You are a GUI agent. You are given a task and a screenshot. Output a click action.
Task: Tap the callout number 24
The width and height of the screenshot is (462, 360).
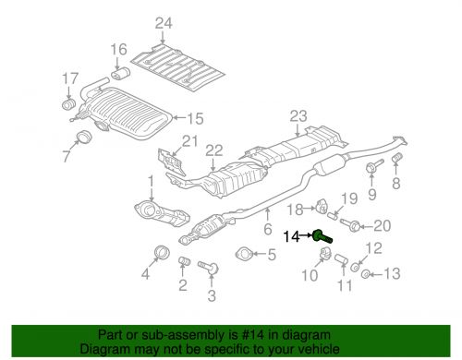click(164, 23)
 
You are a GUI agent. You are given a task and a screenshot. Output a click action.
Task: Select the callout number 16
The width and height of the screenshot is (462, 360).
click(118, 49)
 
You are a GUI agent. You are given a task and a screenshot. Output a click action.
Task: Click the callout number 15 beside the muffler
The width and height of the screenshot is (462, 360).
click(194, 118)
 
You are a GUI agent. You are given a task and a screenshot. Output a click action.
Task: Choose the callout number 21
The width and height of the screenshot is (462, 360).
click(189, 140)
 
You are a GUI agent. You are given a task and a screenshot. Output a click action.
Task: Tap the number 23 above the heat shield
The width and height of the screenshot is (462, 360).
click(296, 116)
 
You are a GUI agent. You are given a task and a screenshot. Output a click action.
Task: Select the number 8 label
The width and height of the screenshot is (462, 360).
click(397, 185)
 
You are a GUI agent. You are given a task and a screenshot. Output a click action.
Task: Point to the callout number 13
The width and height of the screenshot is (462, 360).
click(392, 273)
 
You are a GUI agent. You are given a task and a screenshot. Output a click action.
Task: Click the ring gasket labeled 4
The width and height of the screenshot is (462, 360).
click(160, 252)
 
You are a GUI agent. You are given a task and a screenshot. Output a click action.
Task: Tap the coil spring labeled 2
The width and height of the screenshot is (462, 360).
click(183, 265)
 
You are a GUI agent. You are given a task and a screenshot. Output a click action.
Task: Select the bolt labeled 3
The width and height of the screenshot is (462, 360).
click(212, 269)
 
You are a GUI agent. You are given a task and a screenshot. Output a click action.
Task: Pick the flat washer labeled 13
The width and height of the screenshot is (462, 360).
click(365, 273)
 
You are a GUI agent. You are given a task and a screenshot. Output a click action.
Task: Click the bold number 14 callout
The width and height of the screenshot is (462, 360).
click(291, 235)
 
